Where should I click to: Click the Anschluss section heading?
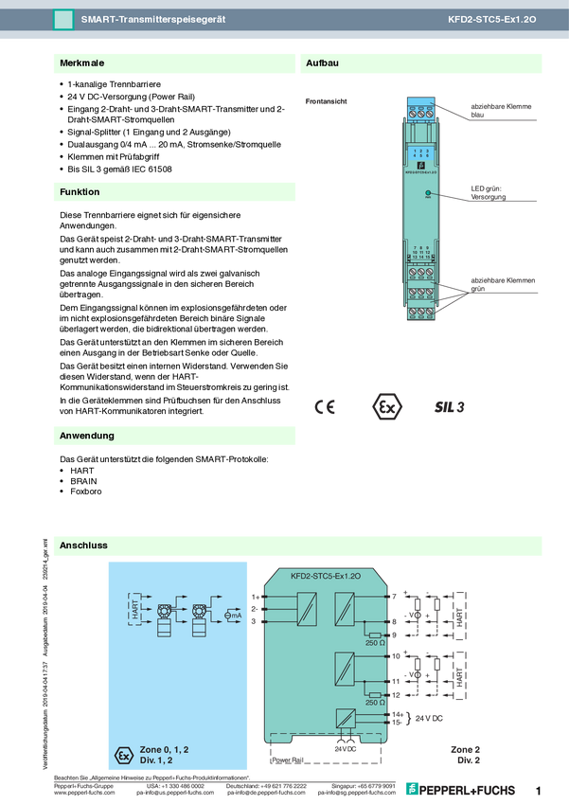[83, 546]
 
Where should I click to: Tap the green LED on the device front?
[428, 192]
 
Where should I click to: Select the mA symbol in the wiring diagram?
[233, 616]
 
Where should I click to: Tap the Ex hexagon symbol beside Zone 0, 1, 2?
[122, 755]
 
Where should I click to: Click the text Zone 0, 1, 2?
[165, 749]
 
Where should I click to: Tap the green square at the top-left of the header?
[63, 19]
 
